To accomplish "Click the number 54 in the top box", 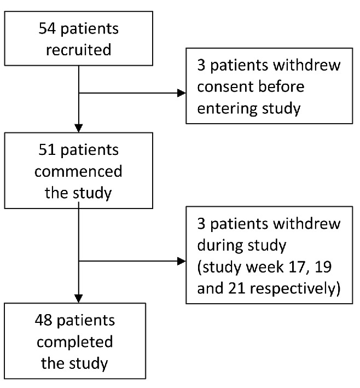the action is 47,28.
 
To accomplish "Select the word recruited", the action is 79,49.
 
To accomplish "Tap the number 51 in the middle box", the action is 47,150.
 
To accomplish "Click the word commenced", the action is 78,171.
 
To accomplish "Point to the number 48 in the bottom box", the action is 44,320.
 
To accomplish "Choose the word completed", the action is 75,341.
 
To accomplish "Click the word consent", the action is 222,87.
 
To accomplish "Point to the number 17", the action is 299,267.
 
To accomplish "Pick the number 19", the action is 323,267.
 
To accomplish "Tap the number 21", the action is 236,288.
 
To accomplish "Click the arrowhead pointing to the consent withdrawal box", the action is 182,93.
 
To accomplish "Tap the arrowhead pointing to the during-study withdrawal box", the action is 182,261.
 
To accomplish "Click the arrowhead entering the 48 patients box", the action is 79,299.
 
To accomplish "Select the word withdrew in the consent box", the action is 306,65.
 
